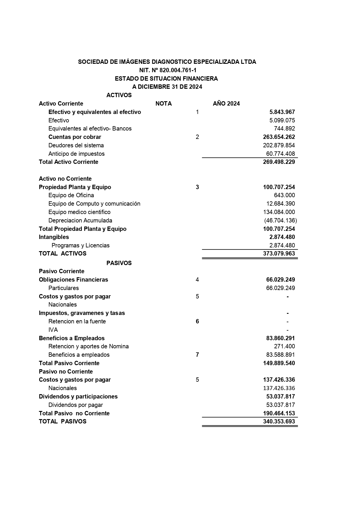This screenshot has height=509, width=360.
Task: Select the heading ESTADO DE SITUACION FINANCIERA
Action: (x=166, y=79)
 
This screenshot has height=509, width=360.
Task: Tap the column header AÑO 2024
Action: (x=226, y=104)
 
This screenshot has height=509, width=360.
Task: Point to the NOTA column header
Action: (x=164, y=104)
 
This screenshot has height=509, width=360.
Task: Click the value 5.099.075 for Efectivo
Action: (x=282, y=120)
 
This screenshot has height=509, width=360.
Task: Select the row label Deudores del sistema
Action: (x=76, y=145)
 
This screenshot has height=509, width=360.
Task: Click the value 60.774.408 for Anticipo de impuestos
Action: (x=280, y=154)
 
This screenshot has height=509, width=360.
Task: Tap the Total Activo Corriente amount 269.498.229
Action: (x=279, y=162)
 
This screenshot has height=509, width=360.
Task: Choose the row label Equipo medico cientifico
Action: (x=79, y=212)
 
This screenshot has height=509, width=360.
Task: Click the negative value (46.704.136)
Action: (x=280, y=220)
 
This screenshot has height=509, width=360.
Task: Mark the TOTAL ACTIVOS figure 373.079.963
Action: (x=279, y=253)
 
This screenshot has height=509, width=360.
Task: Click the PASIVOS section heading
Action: (x=119, y=263)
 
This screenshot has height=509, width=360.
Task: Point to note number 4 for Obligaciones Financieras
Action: (x=197, y=280)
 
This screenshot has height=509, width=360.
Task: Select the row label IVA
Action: (x=53, y=330)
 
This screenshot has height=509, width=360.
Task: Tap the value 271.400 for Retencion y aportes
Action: (x=284, y=346)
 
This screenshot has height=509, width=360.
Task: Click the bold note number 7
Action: (x=197, y=355)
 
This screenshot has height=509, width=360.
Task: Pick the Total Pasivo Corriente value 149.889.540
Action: (x=279, y=363)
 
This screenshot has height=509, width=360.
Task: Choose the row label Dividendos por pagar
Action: (x=76, y=405)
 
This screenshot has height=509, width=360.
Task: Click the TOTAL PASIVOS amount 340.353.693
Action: (x=279, y=421)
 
